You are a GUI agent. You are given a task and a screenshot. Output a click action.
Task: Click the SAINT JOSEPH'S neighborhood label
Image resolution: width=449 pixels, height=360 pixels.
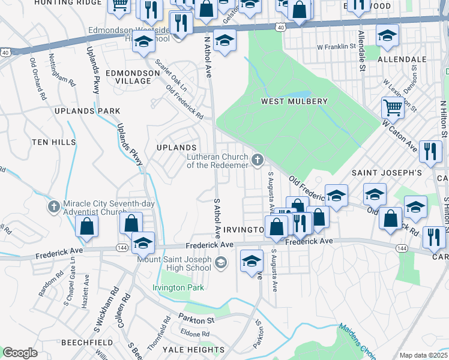coord(387,172)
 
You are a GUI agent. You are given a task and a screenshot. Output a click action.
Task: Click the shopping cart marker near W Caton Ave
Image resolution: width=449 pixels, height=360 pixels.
coord(393,109)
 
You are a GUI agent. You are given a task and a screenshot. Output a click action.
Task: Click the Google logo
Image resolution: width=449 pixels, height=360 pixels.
coord(20,353)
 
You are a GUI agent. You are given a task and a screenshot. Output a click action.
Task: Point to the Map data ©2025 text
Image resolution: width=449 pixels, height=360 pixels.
coord(423,355)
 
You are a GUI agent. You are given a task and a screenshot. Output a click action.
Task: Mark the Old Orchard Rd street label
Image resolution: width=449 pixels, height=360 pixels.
coord(38,77)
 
